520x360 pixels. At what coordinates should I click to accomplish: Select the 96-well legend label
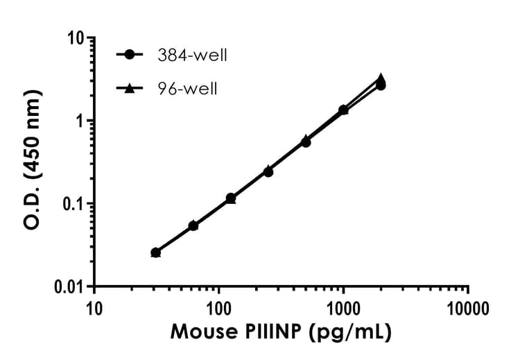click(x=185, y=89)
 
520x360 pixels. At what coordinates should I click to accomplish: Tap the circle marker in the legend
click(x=130, y=55)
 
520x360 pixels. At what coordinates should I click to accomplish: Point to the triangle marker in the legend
click(x=130, y=89)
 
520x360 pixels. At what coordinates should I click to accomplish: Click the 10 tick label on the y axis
click(x=76, y=38)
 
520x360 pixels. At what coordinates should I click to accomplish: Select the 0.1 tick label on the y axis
click(x=72, y=204)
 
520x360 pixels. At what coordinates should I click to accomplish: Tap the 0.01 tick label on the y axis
click(x=67, y=286)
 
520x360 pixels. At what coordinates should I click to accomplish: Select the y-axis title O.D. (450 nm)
click(x=33, y=161)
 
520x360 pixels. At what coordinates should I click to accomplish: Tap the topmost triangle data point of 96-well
click(x=381, y=78)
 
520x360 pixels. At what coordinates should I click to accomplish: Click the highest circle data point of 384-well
click(x=381, y=85)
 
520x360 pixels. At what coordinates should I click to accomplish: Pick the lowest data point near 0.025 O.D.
click(x=156, y=253)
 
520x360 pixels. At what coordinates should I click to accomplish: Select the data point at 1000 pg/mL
click(x=343, y=110)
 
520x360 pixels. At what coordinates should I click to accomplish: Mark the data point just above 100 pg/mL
click(x=231, y=198)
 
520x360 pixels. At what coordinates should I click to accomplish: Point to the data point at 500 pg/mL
click(x=306, y=142)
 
